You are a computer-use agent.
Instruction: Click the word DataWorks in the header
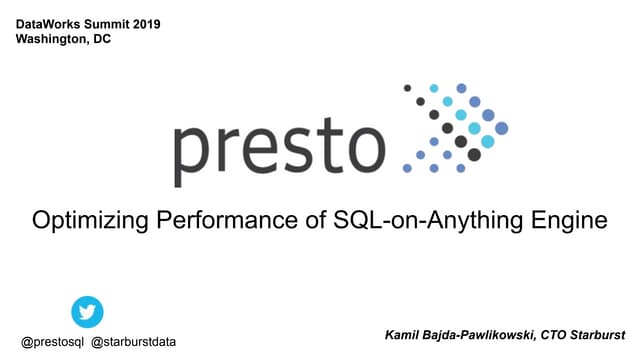[x=51, y=23]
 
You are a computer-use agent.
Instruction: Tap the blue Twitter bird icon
[x=87, y=312]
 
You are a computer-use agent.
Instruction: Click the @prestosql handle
[x=53, y=341]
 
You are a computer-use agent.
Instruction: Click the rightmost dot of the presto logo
[x=501, y=128]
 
